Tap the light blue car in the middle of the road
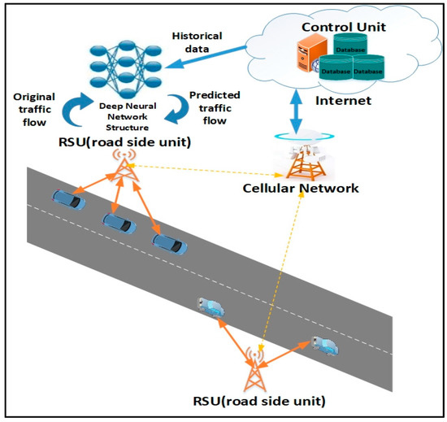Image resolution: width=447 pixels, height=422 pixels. [212, 307]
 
